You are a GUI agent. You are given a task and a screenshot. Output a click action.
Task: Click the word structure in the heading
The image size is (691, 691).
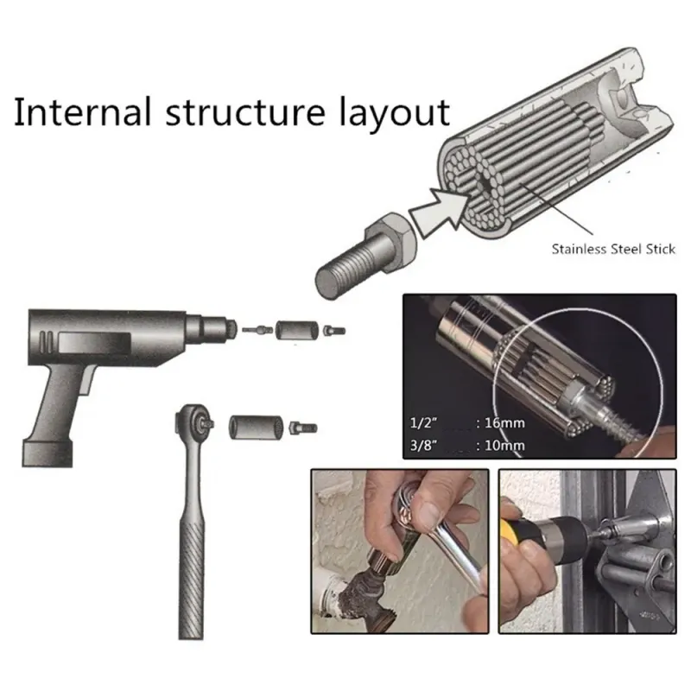coord(245,112)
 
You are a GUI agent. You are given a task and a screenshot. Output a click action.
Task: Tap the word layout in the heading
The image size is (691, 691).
coord(395,114)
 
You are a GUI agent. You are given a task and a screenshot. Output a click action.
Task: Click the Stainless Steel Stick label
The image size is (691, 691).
coord(613,249)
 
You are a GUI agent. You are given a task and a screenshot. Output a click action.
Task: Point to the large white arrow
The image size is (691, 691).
coord(440,210)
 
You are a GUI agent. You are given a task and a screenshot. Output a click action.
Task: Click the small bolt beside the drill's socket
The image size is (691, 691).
coord(334,330)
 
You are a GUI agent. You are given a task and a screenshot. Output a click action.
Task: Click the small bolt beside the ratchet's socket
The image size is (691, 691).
coord(303,428)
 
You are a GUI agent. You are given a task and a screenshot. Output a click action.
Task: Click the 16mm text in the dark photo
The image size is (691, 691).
coord(504,423)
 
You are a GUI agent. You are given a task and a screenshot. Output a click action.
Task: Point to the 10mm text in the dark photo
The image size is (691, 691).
coord(504,446)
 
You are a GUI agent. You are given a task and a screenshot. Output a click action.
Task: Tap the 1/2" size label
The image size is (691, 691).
coord(423,423)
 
